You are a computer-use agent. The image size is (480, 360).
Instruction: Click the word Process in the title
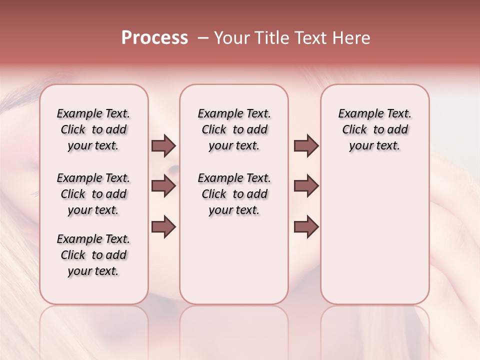pos(154,38)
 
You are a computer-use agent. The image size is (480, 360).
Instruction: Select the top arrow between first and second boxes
pos(163,145)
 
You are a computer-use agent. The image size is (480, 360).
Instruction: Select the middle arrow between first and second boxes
pos(163,186)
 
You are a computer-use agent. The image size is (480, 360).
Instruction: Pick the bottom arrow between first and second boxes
pos(163,226)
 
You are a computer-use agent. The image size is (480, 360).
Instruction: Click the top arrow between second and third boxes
pos(306,145)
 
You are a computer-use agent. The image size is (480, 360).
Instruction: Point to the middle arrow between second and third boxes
pos(306,186)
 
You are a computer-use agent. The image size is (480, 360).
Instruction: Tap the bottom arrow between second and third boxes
pos(306,226)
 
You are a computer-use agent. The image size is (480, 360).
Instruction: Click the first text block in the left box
pos(93,129)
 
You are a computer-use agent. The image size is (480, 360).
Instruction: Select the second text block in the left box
pos(93,194)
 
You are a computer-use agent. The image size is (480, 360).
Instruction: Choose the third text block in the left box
pos(93,255)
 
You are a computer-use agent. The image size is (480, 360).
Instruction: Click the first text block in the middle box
pos(234,129)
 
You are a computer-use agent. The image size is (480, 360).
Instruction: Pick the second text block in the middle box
pos(234,194)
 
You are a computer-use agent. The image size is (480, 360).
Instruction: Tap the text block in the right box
pos(375,129)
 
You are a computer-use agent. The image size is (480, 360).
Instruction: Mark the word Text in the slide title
pos(311,38)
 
